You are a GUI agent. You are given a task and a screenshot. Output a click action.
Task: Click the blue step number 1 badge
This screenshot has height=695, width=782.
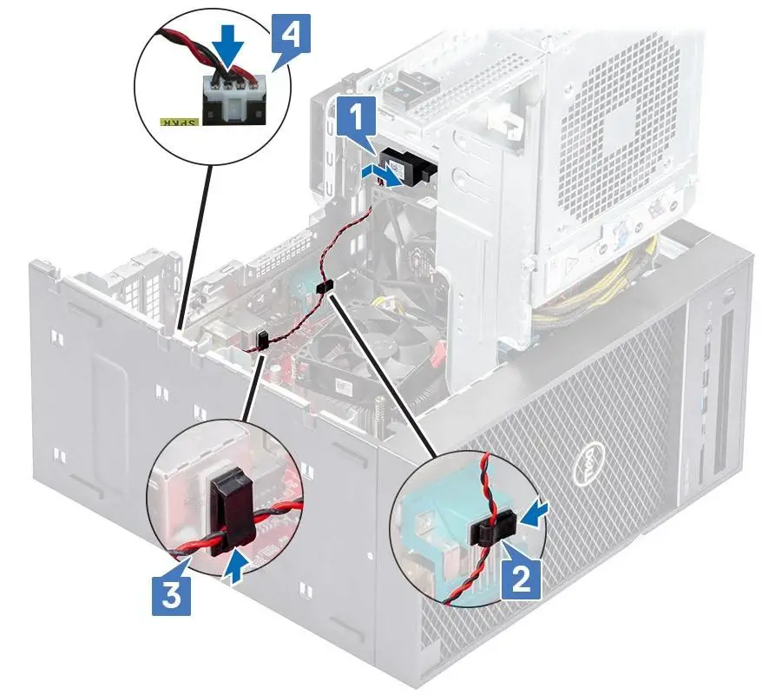pos(354,118)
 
